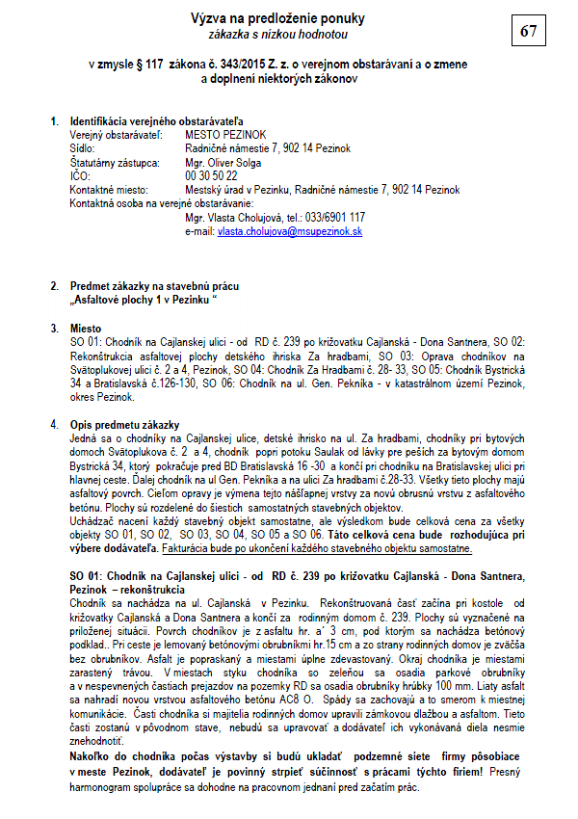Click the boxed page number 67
529,31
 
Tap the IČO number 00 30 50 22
211,176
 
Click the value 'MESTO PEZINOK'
221,136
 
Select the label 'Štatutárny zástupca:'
112,163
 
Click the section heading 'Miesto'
86,329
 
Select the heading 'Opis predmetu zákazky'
124,425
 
